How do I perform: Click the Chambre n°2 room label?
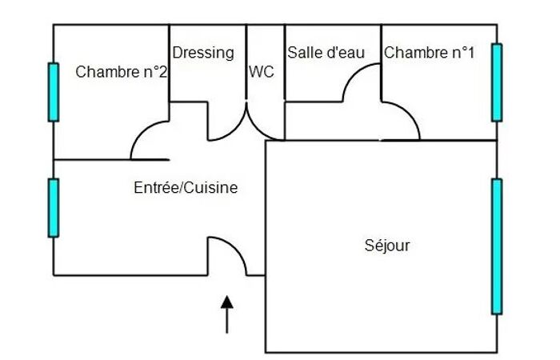pos(121,72)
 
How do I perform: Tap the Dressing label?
pos(203,53)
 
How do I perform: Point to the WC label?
pos(262,72)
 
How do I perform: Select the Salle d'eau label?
pos(326,53)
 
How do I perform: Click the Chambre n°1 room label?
pos(430,53)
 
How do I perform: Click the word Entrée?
pos(156,187)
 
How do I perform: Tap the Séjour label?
pos(387,246)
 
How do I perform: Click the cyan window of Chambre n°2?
pos(54,92)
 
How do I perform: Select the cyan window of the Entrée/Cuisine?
pos(54,208)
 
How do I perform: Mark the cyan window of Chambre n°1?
pos(497,82)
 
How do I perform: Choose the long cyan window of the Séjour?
pos(497,246)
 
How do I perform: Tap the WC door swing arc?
pos(258,130)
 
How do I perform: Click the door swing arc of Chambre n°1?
pos(409,114)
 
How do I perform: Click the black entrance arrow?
pos(226,314)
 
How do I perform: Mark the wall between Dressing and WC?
pos(246,62)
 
